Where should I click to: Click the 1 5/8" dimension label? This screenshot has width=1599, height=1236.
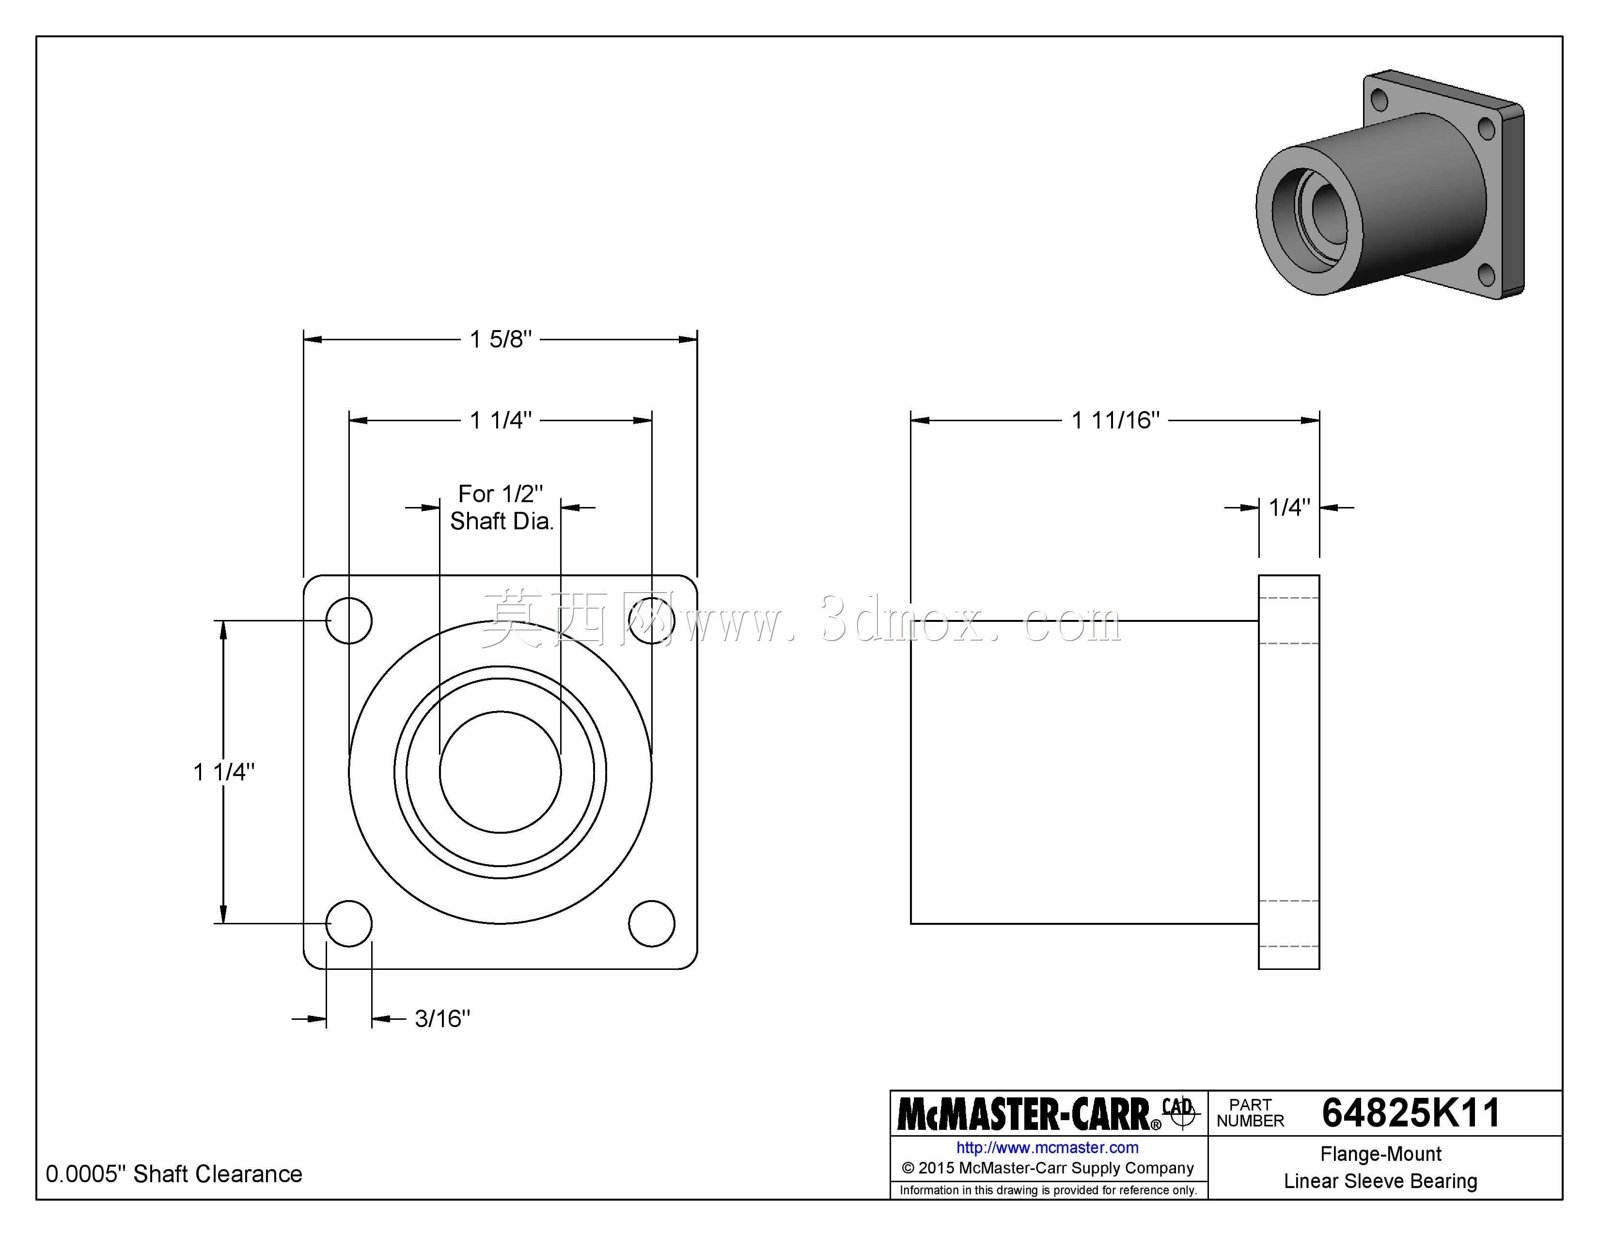click(x=501, y=339)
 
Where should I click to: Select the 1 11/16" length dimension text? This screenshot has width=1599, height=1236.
click(x=1116, y=420)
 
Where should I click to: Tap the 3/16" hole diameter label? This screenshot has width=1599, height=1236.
click(x=442, y=1018)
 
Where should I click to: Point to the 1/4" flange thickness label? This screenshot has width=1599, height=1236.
click(x=1289, y=507)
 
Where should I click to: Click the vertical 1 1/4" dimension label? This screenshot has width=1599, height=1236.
click(x=224, y=772)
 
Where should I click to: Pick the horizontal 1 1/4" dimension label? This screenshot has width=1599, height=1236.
click(x=501, y=420)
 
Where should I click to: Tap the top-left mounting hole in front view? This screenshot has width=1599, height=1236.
click(x=349, y=621)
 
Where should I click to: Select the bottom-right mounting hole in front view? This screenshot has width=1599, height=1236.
click(x=652, y=923)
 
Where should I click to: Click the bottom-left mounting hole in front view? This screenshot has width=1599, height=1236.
click(x=349, y=923)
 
